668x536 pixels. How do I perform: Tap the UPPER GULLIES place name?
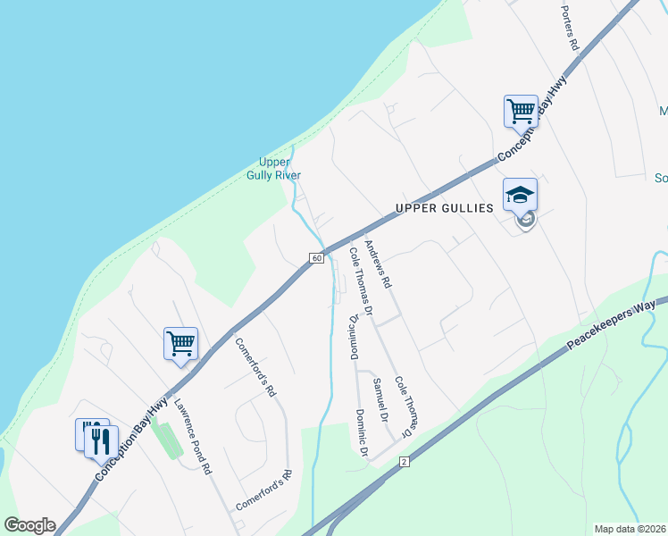444,208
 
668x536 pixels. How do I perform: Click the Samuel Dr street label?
379,399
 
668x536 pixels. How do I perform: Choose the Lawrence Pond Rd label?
192,435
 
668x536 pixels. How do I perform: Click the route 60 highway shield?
317,258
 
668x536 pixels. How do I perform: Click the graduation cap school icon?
521,195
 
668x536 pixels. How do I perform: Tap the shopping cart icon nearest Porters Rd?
521,112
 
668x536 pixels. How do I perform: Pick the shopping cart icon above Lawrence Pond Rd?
180,343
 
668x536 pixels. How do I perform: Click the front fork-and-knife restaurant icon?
102,440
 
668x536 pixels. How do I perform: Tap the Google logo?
29,525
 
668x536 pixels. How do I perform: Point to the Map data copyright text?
630,529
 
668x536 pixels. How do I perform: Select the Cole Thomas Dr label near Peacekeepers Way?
403,406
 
